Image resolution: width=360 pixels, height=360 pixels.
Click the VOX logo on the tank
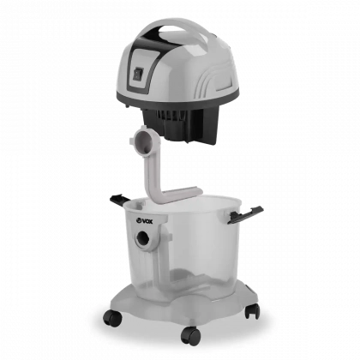coord(144,220)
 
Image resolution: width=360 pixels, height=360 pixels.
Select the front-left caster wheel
coord(112,317)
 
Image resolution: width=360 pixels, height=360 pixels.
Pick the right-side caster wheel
coord(252,310)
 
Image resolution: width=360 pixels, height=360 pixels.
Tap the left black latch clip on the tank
coord(120,200)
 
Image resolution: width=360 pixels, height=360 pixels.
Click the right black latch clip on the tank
coord(245,214)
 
